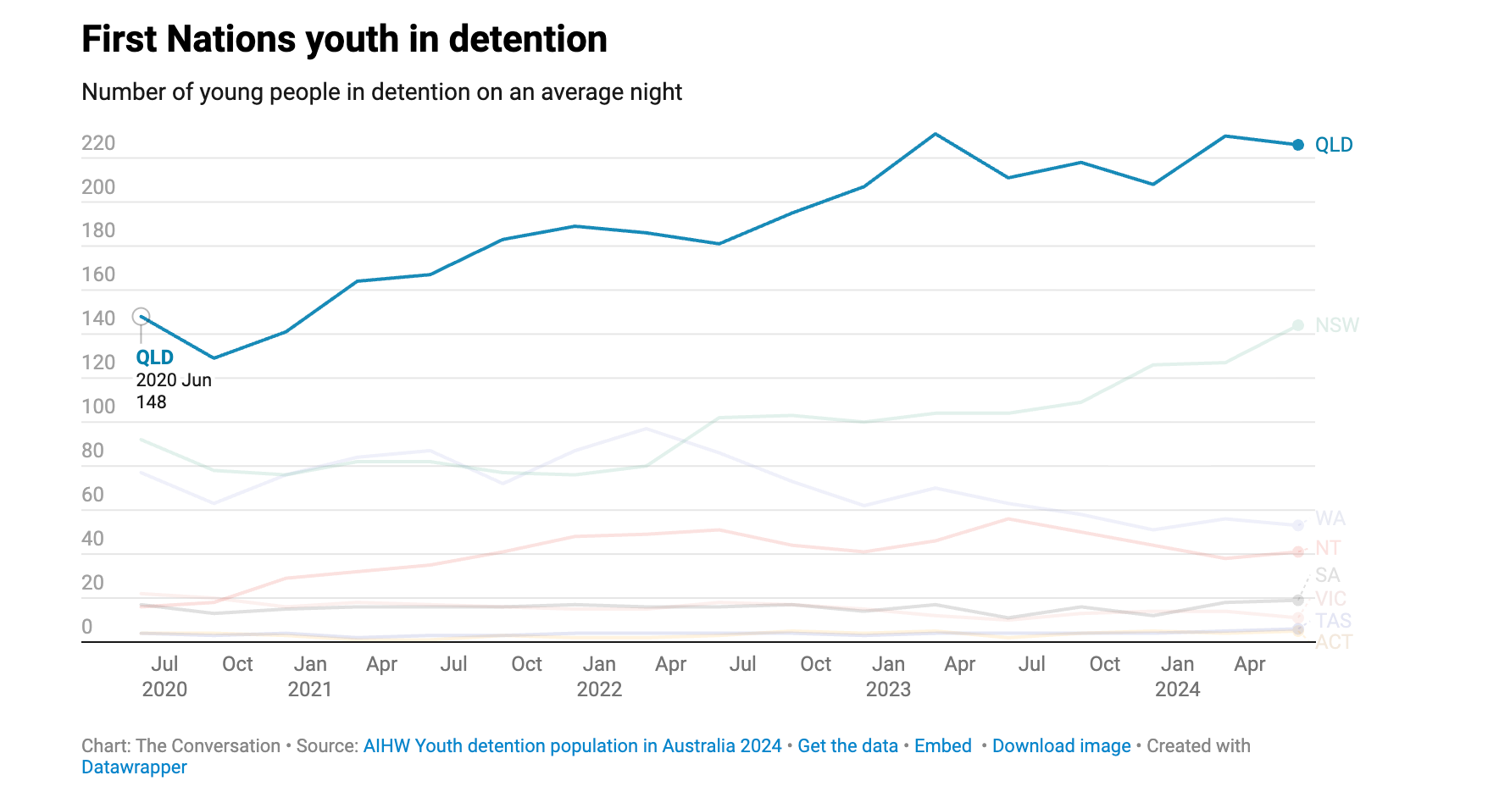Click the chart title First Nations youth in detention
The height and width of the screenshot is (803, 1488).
[x=344, y=39]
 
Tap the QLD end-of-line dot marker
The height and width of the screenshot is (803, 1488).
[x=1298, y=145]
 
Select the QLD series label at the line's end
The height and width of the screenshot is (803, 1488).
[x=1334, y=145]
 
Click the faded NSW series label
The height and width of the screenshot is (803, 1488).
[x=1337, y=325]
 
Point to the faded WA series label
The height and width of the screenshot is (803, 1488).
[x=1330, y=518]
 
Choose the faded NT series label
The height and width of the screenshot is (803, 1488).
[x=1328, y=548]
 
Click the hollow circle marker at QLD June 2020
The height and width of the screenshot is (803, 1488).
[x=142, y=317]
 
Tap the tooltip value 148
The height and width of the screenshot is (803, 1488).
[x=152, y=402]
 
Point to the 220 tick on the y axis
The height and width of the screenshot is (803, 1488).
[x=98, y=143]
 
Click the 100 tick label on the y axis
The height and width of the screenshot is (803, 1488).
[x=98, y=407]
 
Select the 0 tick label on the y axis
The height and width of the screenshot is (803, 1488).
[x=87, y=627]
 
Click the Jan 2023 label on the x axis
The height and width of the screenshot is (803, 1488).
[x=888, y=676]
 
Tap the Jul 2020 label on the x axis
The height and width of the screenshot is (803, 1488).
[x=164, y=676]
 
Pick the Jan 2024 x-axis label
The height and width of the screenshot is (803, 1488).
[x=1177, y=676]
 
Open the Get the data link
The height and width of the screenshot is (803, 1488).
[x=847, y=746]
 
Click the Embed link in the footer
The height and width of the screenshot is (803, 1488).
[x=942, y=746]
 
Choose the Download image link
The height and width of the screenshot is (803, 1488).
[x=1061, y=746]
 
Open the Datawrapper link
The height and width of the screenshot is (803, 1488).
[x=134, y=767]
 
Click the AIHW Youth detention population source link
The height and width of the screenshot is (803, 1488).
[x=572, y=746]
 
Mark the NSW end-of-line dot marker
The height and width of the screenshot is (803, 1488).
[x=1298, y=325]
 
